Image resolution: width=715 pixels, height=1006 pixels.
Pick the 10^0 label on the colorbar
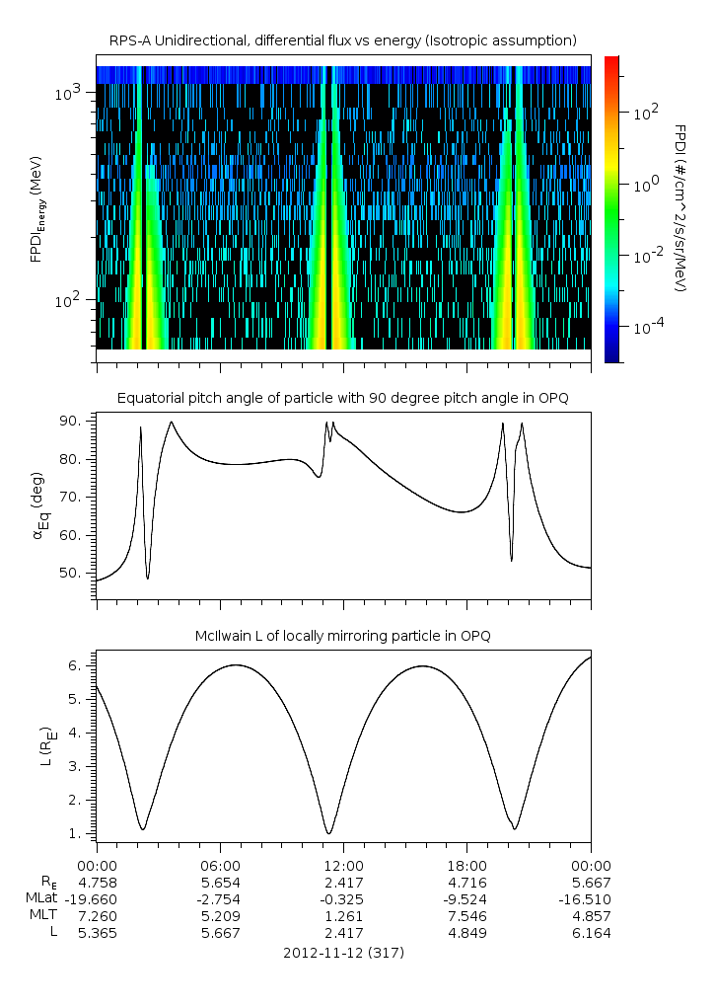pyautogui.click(x=646, y=185)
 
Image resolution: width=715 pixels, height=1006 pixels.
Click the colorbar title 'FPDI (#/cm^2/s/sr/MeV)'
pyautogui.click(x=680, y=208)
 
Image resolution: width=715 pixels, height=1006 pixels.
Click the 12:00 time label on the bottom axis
pyautogui.click(x=343, y=865)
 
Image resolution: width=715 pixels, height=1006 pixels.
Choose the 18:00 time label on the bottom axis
pyautogui.click(x=466, y=865)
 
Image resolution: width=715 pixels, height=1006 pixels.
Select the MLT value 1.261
pyautogui.click(x=343, y=916)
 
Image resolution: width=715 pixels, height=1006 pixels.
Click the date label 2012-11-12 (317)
pyautogui.click(x=343, y=953)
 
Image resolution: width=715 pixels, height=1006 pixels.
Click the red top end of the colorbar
pyautogui.click(x=611, y=61)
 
